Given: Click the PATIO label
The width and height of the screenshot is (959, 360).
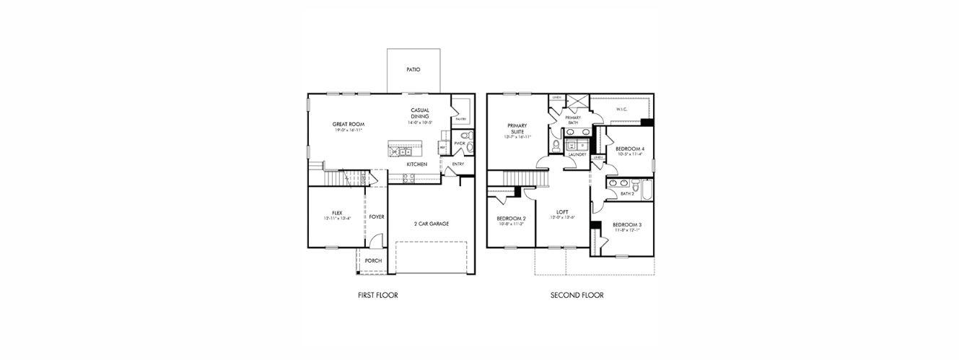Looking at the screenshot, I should click(412, 70).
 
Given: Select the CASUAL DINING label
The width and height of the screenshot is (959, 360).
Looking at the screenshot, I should click(420, 113).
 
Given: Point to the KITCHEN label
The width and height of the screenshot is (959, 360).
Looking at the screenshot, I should click(416, 164).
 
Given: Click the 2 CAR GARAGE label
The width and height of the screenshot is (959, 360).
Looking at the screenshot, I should click(432, 224).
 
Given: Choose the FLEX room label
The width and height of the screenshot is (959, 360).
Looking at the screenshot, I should click(336, 213).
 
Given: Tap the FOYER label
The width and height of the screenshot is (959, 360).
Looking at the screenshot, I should click(377, 216).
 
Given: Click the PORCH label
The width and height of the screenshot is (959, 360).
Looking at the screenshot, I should click(373, 260).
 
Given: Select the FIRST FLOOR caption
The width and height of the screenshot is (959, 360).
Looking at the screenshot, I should click(377, 295).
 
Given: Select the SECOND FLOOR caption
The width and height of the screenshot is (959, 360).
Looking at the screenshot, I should click(577, 295).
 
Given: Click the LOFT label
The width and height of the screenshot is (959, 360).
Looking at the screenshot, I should click(562, 212).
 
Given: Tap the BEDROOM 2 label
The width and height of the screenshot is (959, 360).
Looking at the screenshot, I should click(511, 219).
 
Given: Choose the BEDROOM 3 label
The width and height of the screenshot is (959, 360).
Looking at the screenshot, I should click(627, 225).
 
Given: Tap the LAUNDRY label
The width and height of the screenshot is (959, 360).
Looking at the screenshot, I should click(577, 154).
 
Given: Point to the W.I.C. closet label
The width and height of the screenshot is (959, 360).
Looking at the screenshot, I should click(621, 110).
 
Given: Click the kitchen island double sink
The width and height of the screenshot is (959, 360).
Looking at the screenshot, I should click(402, 152).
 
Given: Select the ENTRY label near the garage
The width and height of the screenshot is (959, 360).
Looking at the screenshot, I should click(458, 164).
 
